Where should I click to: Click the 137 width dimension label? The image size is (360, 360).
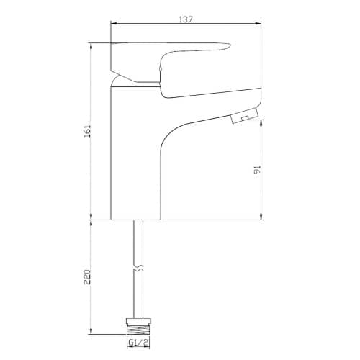click(x=186, y=19)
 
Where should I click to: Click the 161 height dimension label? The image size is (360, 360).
click(x=86, y=131)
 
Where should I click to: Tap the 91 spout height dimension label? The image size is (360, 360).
click(x=257, y=169)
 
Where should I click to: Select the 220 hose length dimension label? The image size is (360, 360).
click(x=87, y=277)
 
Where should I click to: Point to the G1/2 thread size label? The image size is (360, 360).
click(x=138, y=343)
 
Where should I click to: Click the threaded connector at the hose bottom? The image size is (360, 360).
click(x=138, y=329)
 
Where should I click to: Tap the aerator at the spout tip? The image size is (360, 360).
click(x=244, y=116)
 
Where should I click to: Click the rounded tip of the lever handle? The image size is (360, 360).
click(x=228, y=46)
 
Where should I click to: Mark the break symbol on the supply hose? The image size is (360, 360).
click(x=138, y=269)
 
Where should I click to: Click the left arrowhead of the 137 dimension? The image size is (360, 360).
click(x=113, y=23)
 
